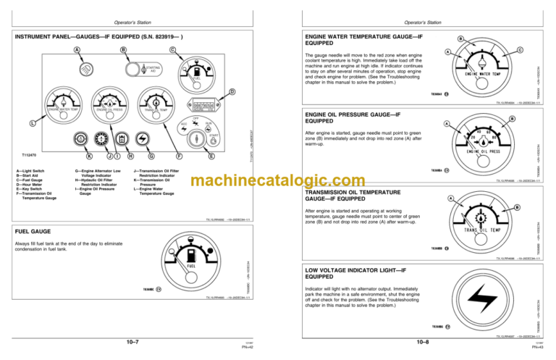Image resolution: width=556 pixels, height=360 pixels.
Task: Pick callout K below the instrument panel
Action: (x=89, y=155)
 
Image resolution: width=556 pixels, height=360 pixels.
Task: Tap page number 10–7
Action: (x=132, y=340)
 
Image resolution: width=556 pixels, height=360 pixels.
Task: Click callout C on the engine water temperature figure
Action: (x=520, y=49)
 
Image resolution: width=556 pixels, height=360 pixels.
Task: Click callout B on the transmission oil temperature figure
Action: (x=515, y=209)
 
